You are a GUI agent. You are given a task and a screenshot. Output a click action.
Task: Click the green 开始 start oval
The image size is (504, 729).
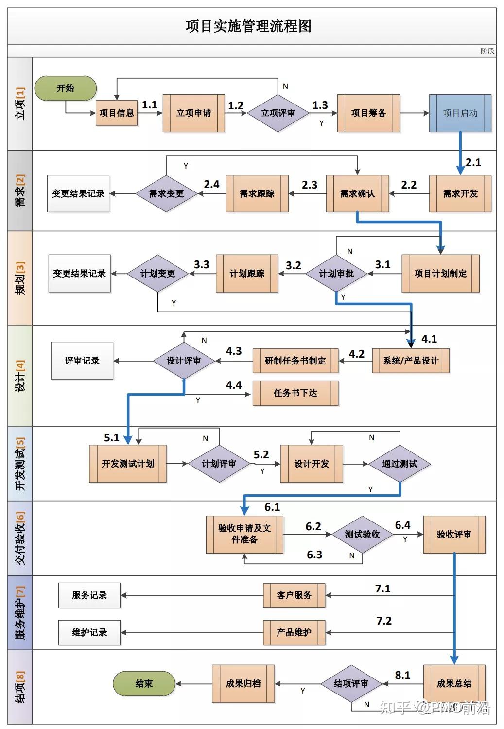click(66, 88)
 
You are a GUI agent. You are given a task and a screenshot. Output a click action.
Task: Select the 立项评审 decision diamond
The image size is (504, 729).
click(278, 113)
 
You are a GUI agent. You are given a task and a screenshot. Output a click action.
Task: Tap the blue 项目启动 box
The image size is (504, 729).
click(460, 113)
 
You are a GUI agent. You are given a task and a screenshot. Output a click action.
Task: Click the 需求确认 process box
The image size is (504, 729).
click(357, 194)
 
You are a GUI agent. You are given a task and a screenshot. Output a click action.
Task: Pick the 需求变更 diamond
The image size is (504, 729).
click(166, 194)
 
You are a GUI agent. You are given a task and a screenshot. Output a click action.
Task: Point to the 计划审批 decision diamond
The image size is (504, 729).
click(336, 274)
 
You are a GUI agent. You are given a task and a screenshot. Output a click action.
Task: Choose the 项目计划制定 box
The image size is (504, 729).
click(440, 274)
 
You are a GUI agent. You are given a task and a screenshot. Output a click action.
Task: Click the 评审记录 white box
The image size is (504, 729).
click(82, 361)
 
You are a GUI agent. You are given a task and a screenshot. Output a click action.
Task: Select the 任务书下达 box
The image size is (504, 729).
click(295, 393)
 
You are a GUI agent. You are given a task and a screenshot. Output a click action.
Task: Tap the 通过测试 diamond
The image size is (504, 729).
click(400, 464)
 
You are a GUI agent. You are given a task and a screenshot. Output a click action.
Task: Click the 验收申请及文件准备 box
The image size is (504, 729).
click(244, 534)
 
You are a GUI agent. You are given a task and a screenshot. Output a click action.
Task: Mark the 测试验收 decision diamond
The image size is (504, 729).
click(362, 535)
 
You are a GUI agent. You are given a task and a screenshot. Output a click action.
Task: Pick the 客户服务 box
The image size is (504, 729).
click(294, 595)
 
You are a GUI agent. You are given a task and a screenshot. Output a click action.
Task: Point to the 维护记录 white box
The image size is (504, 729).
click(89, 632)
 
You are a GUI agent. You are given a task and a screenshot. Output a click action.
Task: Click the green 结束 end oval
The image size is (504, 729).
click(144, 684)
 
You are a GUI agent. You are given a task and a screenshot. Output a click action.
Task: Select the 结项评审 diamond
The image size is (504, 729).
click(351, 684)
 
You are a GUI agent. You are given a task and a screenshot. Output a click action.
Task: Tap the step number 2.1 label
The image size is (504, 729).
click(473, 163)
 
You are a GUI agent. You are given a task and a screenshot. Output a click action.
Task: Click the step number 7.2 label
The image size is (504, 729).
click(384, 621)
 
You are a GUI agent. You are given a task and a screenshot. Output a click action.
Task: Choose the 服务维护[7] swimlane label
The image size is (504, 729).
click(20, 612)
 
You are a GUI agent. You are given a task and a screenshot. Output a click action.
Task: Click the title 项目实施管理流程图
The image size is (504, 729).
click(248, 26)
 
